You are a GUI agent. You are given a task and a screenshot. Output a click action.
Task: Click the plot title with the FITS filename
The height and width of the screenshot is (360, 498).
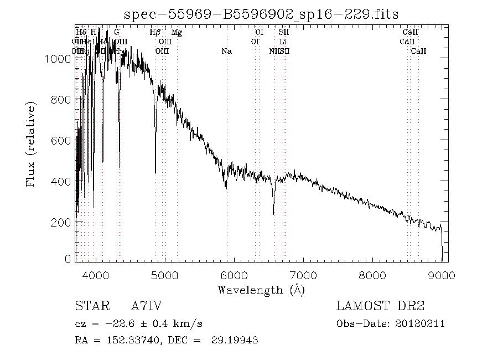pos(261,14)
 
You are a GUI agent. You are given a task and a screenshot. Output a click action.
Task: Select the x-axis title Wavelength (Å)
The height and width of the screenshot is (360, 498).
pos(261,289)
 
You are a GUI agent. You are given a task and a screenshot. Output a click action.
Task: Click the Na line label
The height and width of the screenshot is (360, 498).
pos(226,51)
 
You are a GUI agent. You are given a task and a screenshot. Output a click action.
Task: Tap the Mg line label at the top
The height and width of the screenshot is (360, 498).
pos(177,32)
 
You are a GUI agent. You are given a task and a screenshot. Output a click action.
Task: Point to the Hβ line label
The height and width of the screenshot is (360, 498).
pos(155,32)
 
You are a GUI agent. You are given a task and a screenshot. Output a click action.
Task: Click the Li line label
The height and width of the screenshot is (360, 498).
pos(283,42)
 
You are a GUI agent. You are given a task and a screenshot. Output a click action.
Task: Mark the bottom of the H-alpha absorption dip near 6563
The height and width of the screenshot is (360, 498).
pos(273,213)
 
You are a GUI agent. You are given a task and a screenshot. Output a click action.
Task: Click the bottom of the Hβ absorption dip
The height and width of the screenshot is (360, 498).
pos(155,173)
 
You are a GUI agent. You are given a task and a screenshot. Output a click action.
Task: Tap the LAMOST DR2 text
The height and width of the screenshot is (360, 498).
pos(380,306)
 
